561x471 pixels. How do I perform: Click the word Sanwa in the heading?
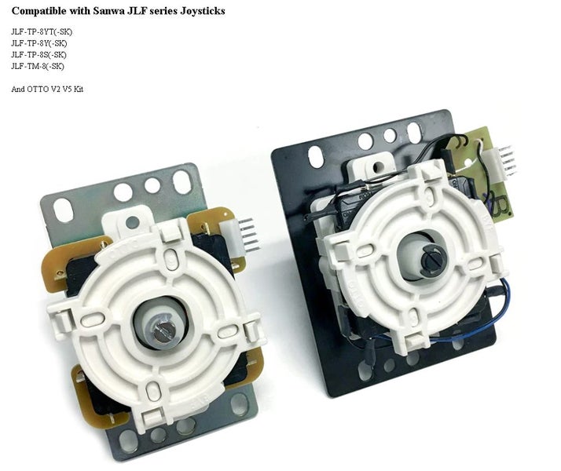pos(107,11)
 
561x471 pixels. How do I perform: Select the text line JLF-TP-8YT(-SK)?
pos(42,32)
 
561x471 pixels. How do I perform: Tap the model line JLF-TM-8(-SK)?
pos(38,66)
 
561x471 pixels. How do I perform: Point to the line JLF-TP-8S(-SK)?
pos(38,55)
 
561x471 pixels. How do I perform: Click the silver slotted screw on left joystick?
pos(160,331)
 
